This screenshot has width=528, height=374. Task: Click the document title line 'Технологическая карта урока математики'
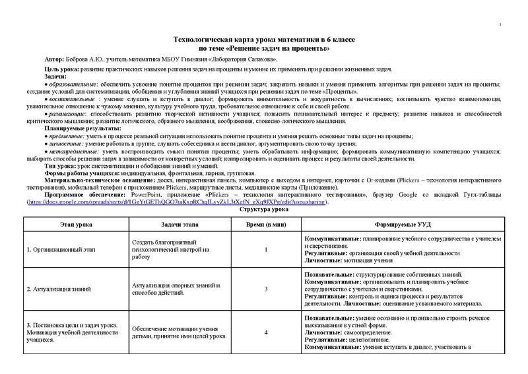tap(264, 40)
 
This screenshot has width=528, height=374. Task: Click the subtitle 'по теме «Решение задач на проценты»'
tap(264, 48)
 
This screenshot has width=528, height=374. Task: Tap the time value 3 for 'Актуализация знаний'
tap(265, 289)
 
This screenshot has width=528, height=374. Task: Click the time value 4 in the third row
tap(265, 332)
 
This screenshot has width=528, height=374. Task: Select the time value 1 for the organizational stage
tap(265, 250)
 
